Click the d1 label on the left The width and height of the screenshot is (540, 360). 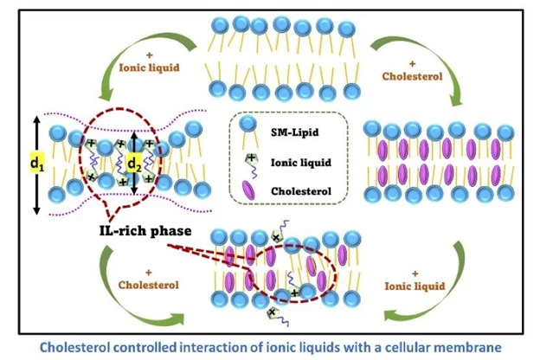click(x=36, y=162)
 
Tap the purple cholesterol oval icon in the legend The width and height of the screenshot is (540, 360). click(x=250, y=187)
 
